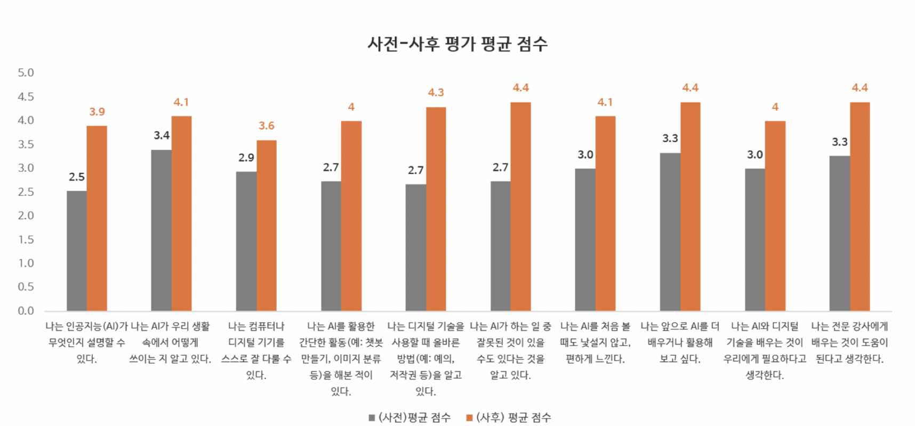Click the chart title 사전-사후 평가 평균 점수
pyautogui.click(x=457, y=44)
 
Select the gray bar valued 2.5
pyautogui.click(x=76, y=250)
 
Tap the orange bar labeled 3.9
pyautogui.click(x=97, y=218)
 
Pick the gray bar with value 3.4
pyautogui.click(x=161, y=230)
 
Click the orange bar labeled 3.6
pyautogui.click(x=266, y=225)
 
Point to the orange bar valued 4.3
pyautogui.click(x=436, y=209)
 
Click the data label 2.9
pyautogui.click(x=246, y=158)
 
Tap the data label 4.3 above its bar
pyautogui.click(x=436, y=93)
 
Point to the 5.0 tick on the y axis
pyautogui.click(x=26, y=73)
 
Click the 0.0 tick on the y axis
pyautogui.click(x=26, y=311)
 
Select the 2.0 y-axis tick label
pyautogui.click(x=26, y=216)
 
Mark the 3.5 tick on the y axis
pyautogui.click(x=26, y=144)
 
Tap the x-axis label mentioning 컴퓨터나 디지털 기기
pyautogui.click(x=256, y=350)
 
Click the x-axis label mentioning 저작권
pyautogui.click(x=426, y=358)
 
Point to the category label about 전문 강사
pyautogui.click(x=849, y=342)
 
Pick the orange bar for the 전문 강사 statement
pyautogui.click(x=860, y=207)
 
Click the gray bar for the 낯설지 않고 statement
pyautogui.click(x=585, y=240)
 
